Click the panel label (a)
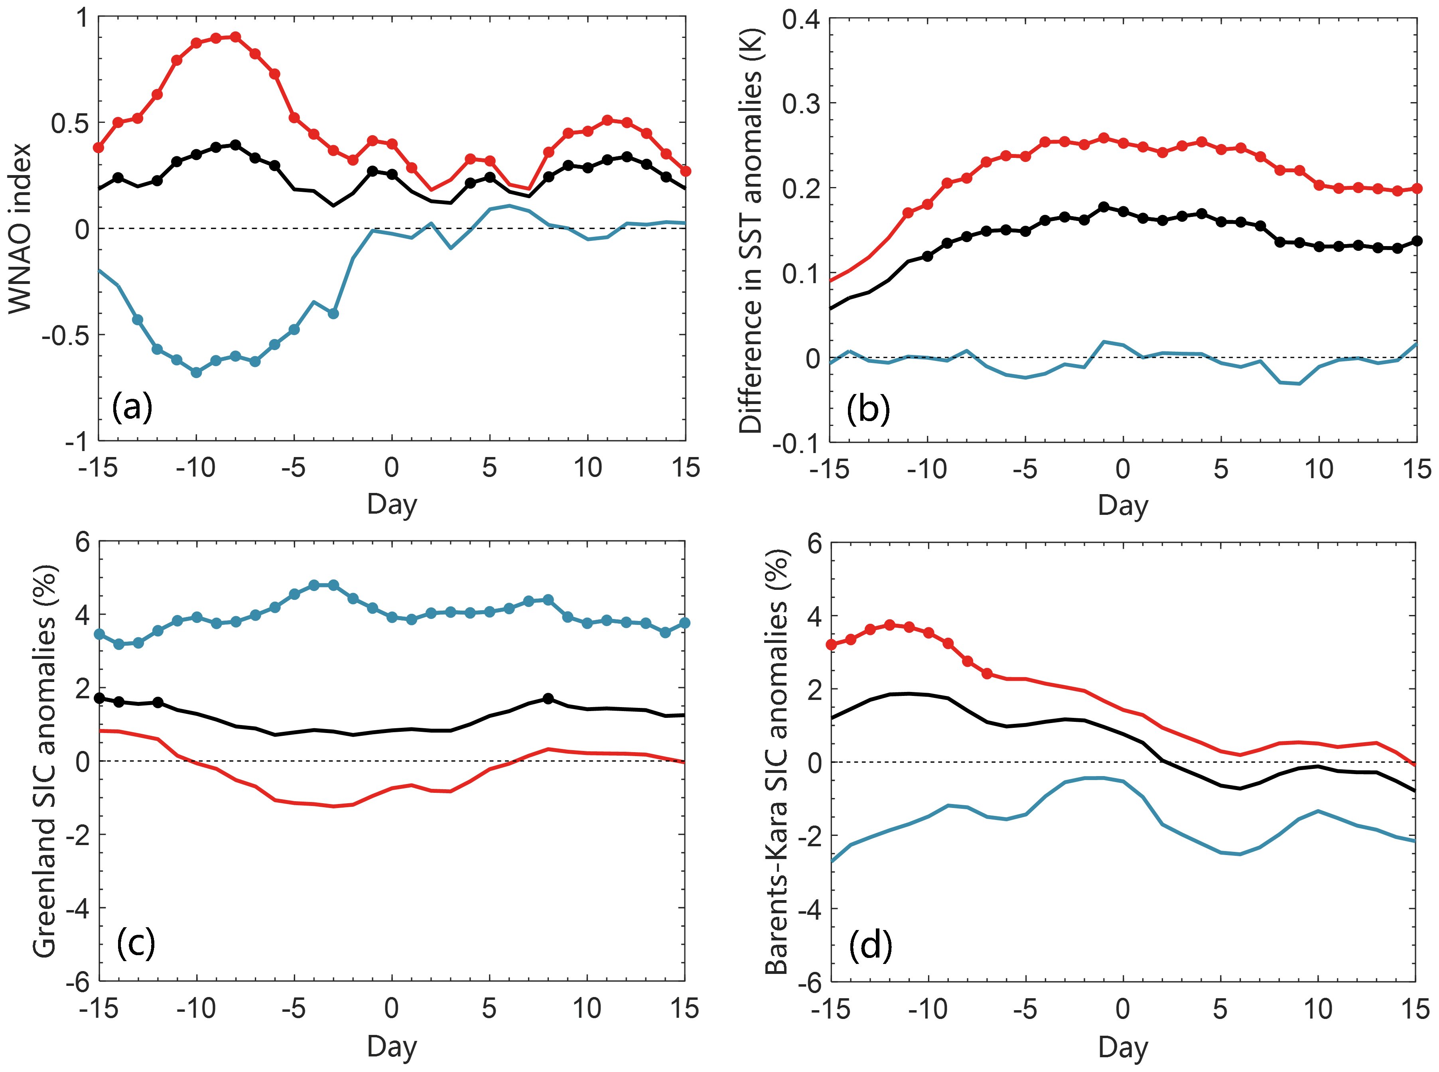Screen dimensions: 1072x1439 click(x=132, y=407)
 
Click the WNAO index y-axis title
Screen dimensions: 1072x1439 click(x=20, y=229)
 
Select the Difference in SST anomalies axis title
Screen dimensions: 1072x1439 click(x=751, y=231)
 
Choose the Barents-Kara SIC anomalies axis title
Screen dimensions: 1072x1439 click(x=776, y=763)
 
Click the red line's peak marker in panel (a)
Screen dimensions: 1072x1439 click(x=235, y=37)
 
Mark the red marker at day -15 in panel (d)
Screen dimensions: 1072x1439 click(x=831, y=644)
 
